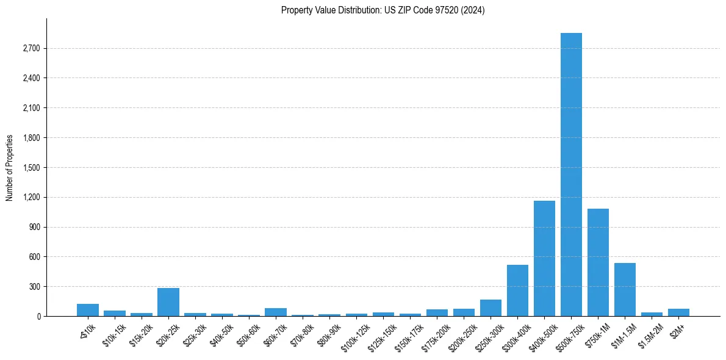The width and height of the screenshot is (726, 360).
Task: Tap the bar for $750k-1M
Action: click(598, 262)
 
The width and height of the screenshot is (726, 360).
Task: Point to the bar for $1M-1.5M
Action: click(625, 290)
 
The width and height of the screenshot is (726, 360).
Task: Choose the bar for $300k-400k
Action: click(517, 290)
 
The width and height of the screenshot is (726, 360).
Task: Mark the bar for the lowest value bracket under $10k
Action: click(88, 310)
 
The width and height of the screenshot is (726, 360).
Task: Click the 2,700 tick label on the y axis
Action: click(31, 48)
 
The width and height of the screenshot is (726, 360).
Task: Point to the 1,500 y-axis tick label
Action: click(31, 168)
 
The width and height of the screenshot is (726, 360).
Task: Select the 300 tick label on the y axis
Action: click(34, 287)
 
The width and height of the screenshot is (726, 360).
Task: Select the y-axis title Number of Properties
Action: click(9, 168)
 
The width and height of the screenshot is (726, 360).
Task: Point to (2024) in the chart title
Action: click(474, 10)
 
